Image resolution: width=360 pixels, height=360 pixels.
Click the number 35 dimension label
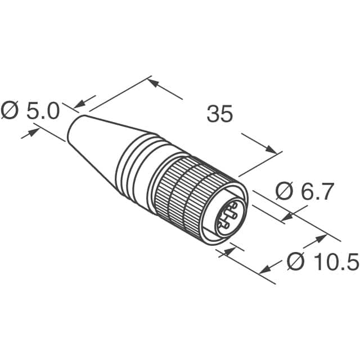point(219,114)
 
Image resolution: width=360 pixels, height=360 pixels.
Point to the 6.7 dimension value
point(318,192)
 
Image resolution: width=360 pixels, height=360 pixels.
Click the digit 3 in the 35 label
point(213,114)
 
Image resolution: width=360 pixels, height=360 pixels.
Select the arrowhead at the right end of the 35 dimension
point(273,150)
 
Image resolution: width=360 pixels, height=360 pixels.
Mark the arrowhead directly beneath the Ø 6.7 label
point(289,215)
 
